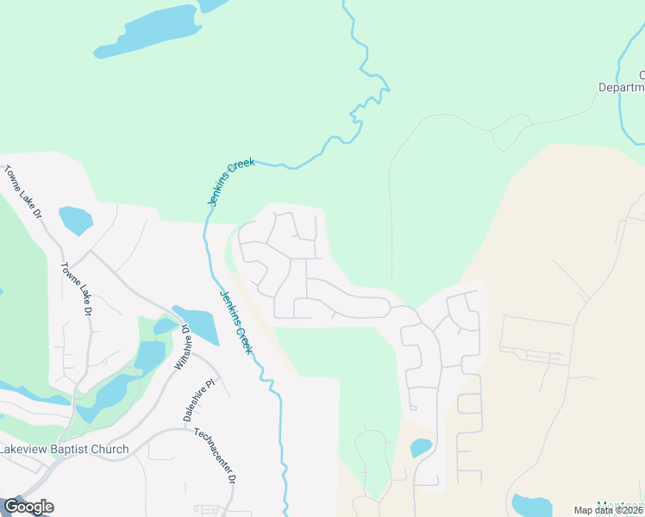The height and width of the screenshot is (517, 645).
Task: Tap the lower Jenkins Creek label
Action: [x=235, y=321]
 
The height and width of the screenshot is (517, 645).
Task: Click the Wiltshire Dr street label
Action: [x=181, y=347]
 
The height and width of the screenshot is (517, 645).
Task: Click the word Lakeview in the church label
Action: [x=26, y=450]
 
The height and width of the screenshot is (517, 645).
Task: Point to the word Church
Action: [x=114, y=450]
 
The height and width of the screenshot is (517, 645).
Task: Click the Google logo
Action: [x=28, y=507]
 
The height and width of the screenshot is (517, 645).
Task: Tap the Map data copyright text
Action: [x=609, y=510]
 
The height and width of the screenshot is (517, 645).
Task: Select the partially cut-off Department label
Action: [x=623, y=87]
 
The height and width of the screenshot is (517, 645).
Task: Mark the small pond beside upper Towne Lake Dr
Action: [x=75, y=220]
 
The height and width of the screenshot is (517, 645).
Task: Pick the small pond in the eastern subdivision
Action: [x=421, y=448]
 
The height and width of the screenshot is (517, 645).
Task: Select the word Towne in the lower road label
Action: [x=70, y=275]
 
